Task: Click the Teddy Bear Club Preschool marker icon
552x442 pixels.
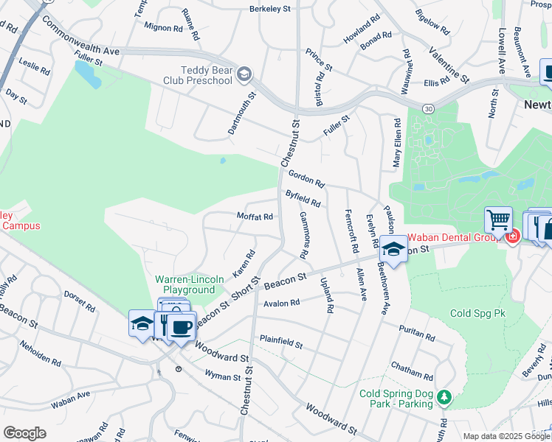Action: coord(245,74)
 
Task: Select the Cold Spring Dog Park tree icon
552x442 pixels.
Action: coord(444,399)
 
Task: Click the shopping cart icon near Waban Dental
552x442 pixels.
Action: coord(498,220)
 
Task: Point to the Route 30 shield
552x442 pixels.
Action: coord(428,109)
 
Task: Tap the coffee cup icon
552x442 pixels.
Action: coord(180,326)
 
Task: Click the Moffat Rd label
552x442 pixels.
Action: coord(255,217)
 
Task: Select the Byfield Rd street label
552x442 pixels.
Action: coord(303,198)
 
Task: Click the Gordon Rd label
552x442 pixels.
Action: coord(306,177)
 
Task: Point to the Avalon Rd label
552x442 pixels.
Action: coord(280,303)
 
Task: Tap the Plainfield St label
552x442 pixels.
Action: coord(280,342)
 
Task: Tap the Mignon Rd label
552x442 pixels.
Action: coord(163,28)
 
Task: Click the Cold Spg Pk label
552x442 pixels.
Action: coord(477,313)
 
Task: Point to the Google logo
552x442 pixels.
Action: coord(24,432)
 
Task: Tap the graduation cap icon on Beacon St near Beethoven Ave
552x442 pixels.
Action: coord(393,250)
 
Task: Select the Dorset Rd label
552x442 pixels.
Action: coord(80,300)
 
